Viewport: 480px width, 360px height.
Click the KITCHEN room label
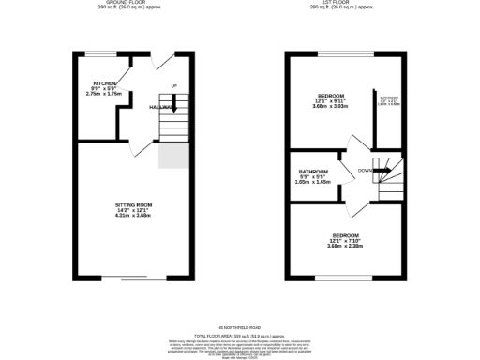click(x=105, y=83)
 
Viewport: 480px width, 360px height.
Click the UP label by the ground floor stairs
click(x=173, y=86)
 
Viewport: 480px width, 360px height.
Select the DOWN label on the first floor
click(x=367, y=170)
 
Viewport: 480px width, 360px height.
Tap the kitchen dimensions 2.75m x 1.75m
click(x=104, y=94)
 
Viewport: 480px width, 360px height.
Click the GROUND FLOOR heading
click(x=130, y=3)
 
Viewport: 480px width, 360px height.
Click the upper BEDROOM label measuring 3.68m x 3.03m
click(x=330, y=96)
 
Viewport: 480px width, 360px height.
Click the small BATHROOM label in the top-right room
click(x=388, y=97)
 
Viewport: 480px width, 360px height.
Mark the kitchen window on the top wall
click(x=100, y=53)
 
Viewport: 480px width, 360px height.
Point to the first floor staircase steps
click(x=383, y=173)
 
